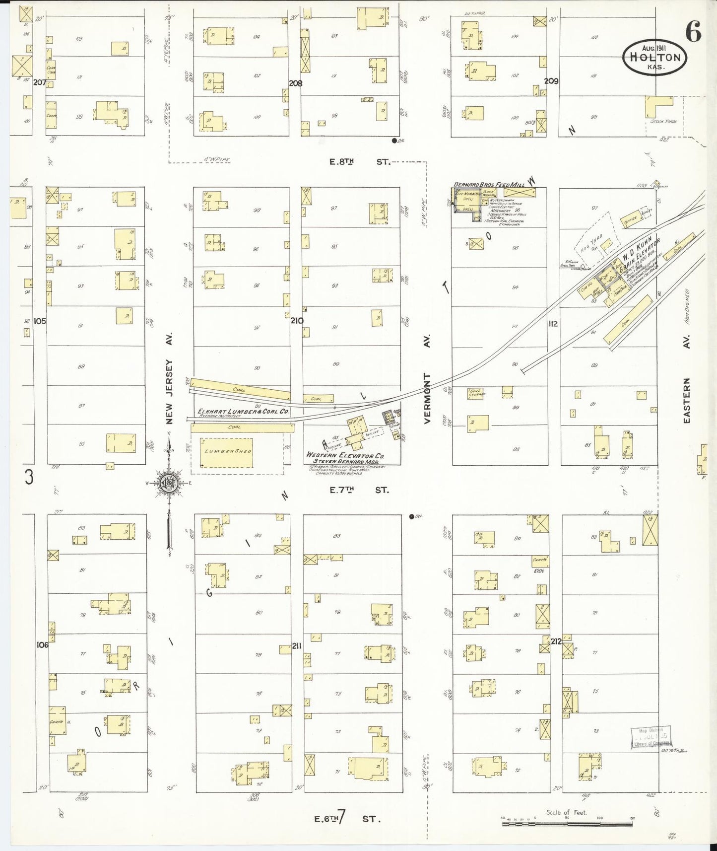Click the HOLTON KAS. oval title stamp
pos(654,57)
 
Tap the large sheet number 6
pos(693,33)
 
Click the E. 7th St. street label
pos(359,490)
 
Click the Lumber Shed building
pos(226,452)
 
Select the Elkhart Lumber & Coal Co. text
pos(244,412)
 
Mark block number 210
pos(297,321)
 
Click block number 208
pos(296,83)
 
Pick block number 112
pos(553,324)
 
